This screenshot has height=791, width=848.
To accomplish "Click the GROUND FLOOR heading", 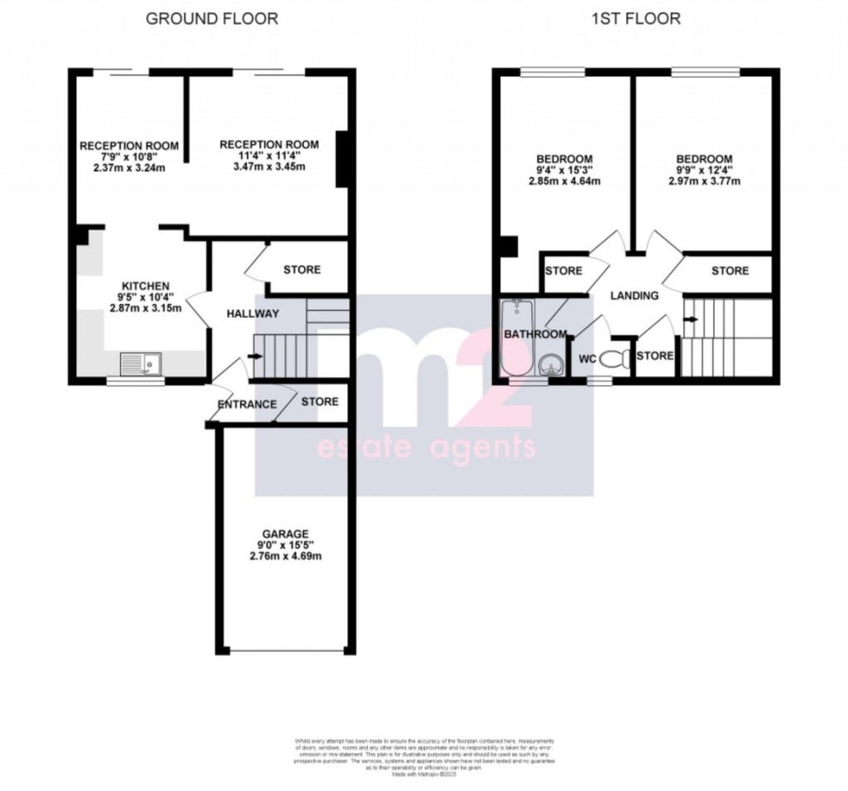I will (212, 18).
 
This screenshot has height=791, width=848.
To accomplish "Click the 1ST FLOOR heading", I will (636, 18).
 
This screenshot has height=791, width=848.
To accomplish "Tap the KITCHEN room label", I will (147, 285).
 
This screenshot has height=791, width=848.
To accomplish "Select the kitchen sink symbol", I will (141, 363).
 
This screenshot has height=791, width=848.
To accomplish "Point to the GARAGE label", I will (286, 533).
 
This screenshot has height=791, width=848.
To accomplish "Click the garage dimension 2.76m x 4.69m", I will (287, 556).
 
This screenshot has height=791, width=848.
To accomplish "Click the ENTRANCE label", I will (246, 405).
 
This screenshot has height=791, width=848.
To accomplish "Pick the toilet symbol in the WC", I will (614, 359).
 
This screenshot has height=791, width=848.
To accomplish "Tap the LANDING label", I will (634, 296).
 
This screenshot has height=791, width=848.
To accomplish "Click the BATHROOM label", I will (537, 335).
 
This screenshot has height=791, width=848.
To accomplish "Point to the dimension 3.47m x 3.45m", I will (263, 166).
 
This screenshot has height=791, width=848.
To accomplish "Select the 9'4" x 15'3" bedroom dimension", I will (564, 171).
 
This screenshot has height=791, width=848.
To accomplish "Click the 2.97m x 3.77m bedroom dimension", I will (704, 182).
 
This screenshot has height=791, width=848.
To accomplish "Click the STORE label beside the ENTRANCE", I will (320, 402).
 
